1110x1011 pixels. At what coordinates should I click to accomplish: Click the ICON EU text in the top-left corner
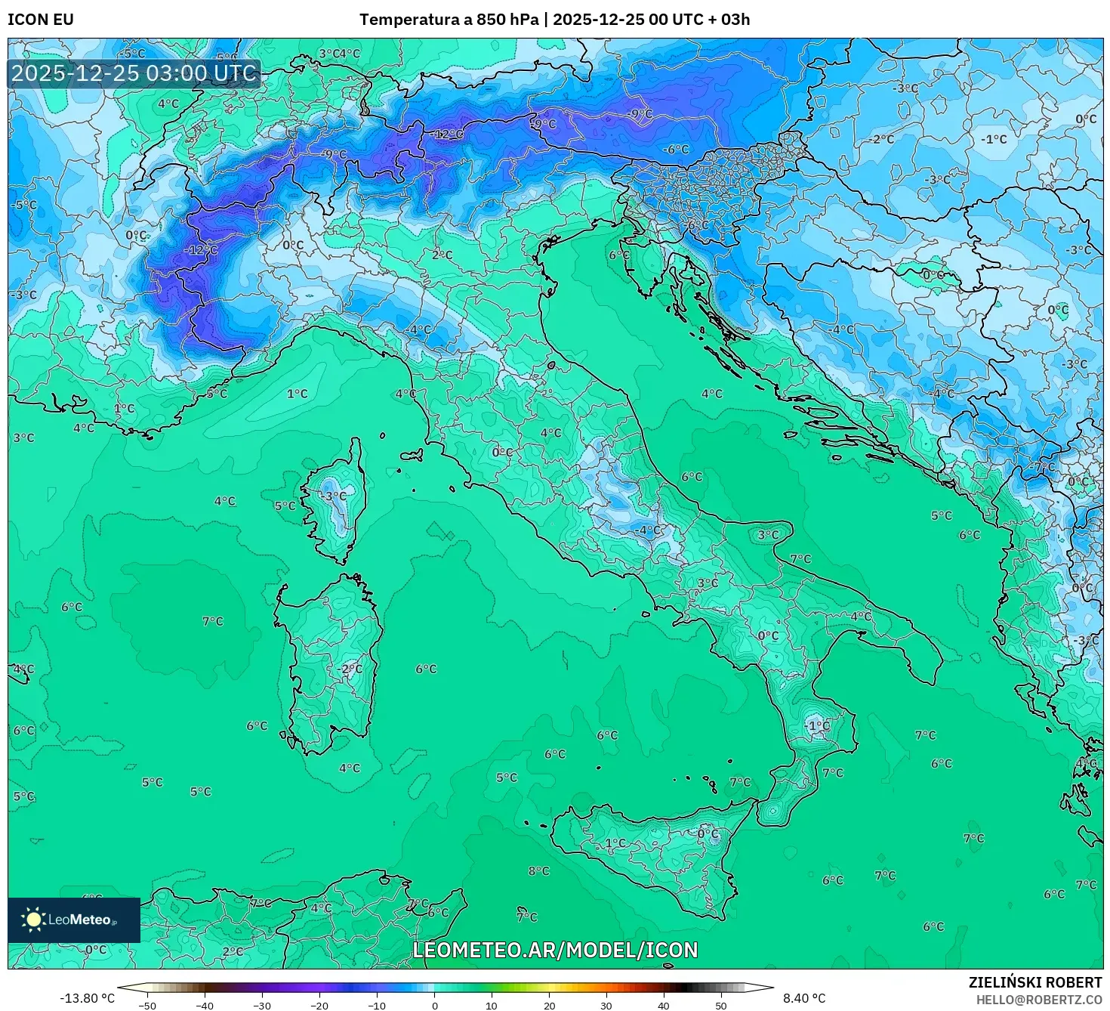click(41, 20)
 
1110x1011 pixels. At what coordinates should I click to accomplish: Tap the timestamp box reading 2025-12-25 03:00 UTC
click(134, 73)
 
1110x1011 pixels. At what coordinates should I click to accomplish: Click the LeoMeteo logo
click(73, 920)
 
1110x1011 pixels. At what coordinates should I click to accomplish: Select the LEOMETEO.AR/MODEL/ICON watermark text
click(555, 950)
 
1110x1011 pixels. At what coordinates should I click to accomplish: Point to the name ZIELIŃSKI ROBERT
click(1034, 982)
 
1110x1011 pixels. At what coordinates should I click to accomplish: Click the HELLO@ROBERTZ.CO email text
click(1038, 999)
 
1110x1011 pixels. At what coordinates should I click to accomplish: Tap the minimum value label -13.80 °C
click(87, 998)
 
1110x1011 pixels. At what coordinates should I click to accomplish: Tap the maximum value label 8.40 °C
click(803, 998)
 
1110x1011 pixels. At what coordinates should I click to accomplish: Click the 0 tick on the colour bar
click(434, 1005)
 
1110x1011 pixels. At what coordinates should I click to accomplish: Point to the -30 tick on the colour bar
click(261, 1005)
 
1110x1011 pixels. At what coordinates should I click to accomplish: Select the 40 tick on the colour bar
click(664, 1005)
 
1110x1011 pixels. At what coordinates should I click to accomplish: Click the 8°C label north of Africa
click(538, 871)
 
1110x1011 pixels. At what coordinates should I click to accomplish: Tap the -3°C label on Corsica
click(334, 496)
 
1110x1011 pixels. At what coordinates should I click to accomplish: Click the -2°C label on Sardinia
click(350, 669)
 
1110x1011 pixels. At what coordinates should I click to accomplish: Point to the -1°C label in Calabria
click(816, 725)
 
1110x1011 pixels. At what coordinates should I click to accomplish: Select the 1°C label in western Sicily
click(615, 842)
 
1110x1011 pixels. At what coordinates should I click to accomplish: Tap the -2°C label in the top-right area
click(880, 139)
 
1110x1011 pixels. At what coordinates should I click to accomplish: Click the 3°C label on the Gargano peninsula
click(768, 534)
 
